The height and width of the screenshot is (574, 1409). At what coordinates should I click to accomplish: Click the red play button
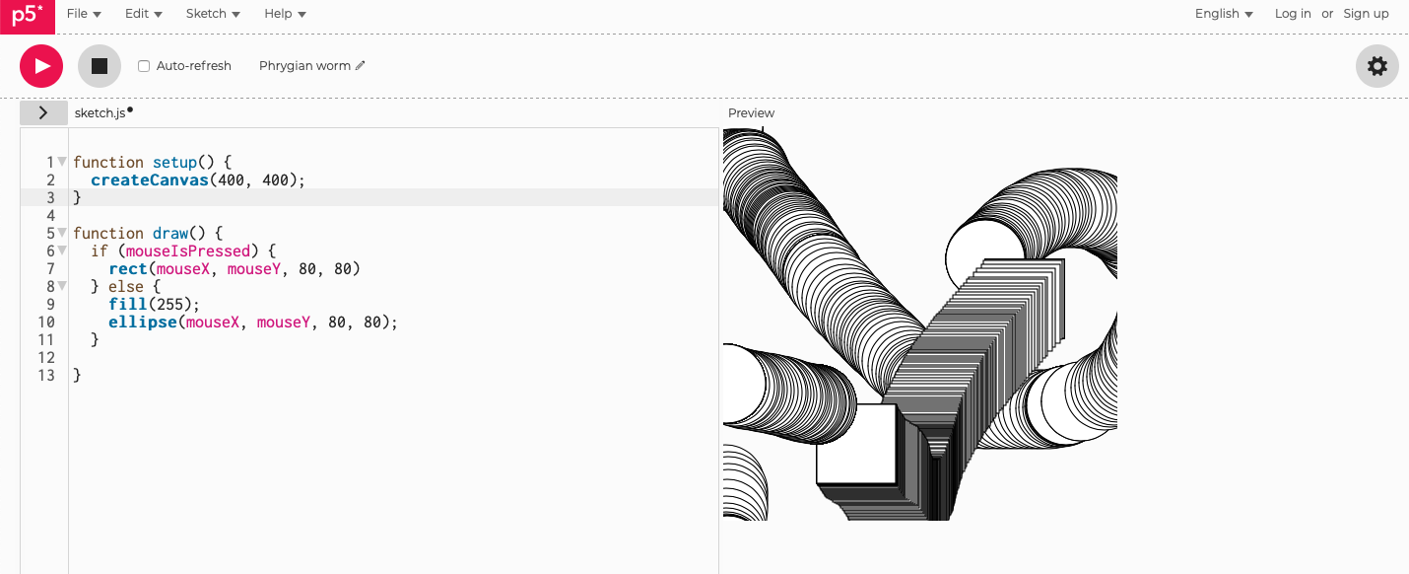coord(41,66)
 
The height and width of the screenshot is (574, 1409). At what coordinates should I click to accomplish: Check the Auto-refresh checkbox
coord(144,66)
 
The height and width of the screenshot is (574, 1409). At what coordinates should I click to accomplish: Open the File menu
coord(84,14)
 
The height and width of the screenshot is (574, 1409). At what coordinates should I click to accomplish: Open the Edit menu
coord(143,14)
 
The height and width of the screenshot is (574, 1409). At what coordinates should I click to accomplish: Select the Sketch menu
coord(213,14)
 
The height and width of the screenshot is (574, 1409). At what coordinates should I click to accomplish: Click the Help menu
coord(285,14)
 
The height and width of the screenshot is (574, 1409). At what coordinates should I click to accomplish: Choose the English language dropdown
coord(1224,14)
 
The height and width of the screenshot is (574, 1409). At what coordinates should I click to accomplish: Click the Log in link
coord(1293,14)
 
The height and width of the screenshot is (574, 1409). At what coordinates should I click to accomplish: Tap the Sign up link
coord(1366,14)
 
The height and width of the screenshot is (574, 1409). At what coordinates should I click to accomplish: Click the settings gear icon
coord(1376,66)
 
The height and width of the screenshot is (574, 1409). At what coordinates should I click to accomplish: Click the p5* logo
coord(27,16)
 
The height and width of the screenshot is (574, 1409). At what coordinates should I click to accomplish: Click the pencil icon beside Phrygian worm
coord(361,66)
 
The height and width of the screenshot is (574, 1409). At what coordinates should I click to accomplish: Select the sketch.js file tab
coord(100,113)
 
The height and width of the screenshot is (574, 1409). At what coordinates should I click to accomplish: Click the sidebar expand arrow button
coord(43,113)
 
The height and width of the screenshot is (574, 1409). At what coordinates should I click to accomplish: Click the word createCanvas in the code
coord(149,180)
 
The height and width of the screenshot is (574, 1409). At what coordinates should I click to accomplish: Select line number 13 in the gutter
coord(45,376)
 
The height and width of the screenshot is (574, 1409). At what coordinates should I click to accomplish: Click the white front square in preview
coord(856,444)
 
